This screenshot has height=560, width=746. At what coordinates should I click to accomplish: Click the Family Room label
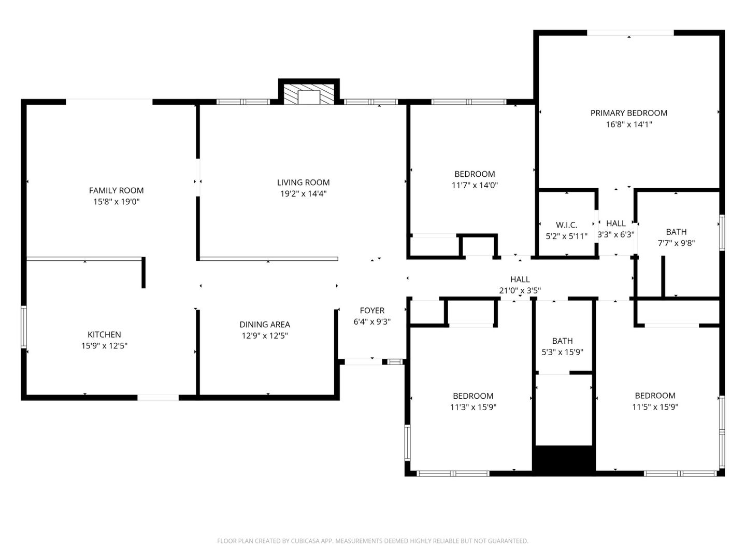pos(116,190)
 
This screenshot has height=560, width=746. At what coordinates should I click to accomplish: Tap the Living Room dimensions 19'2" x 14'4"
pos(303,194)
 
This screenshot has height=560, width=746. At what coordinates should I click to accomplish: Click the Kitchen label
pos(104,334)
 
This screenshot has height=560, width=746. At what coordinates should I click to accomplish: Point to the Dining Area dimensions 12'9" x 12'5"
pos(265,335)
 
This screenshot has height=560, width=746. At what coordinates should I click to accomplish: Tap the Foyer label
pos(372,310)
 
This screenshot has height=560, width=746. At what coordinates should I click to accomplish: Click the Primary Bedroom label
pos(628,113)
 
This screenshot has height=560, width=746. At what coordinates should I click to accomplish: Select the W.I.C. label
pos(566,225)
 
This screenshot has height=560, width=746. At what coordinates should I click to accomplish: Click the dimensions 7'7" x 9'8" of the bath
pos(676,243)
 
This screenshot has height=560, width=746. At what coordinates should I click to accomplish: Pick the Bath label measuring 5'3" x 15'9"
pos(562,341)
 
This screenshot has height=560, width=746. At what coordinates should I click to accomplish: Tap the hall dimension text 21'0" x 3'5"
pos(520,290)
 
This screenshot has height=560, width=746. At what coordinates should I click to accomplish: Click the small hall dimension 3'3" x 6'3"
pos(615,234)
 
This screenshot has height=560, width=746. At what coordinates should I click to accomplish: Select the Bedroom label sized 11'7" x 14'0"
pos(475,174)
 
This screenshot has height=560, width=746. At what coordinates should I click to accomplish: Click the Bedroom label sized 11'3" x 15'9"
pos(473,396)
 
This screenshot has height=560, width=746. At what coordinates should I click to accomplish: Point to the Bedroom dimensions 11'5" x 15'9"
pos(655,407)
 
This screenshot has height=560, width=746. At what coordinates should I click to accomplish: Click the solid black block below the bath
pos(564,459)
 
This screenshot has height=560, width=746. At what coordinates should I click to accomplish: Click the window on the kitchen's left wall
pos(24,327)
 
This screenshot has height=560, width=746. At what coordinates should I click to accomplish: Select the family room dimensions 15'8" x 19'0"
pos(116,202)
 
